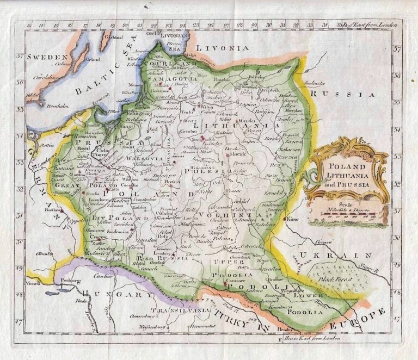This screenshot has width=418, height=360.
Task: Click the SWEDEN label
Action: click(48, 57)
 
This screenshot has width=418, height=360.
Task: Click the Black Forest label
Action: click(336, 279)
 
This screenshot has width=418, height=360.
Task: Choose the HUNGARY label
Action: click(116, 294)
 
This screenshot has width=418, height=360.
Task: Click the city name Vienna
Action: click(36, 284)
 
